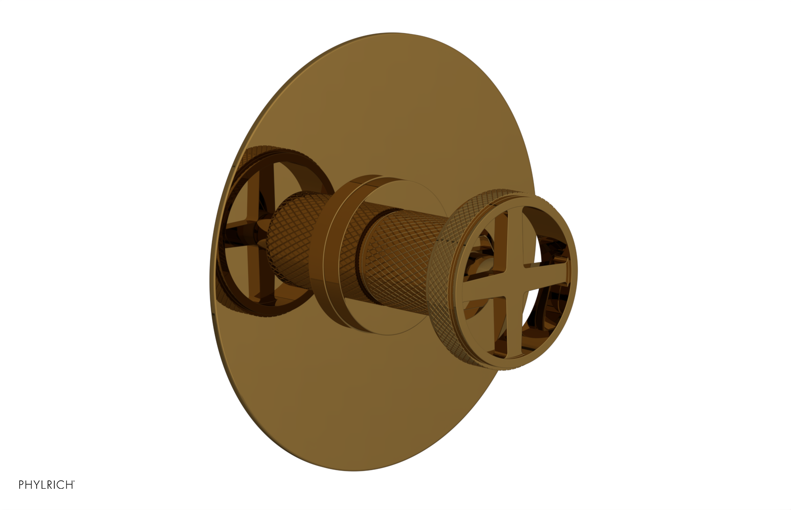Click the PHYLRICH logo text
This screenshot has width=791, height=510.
click(x=46, y=485)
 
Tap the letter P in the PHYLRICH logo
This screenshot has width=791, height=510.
click(x=22, y=485)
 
